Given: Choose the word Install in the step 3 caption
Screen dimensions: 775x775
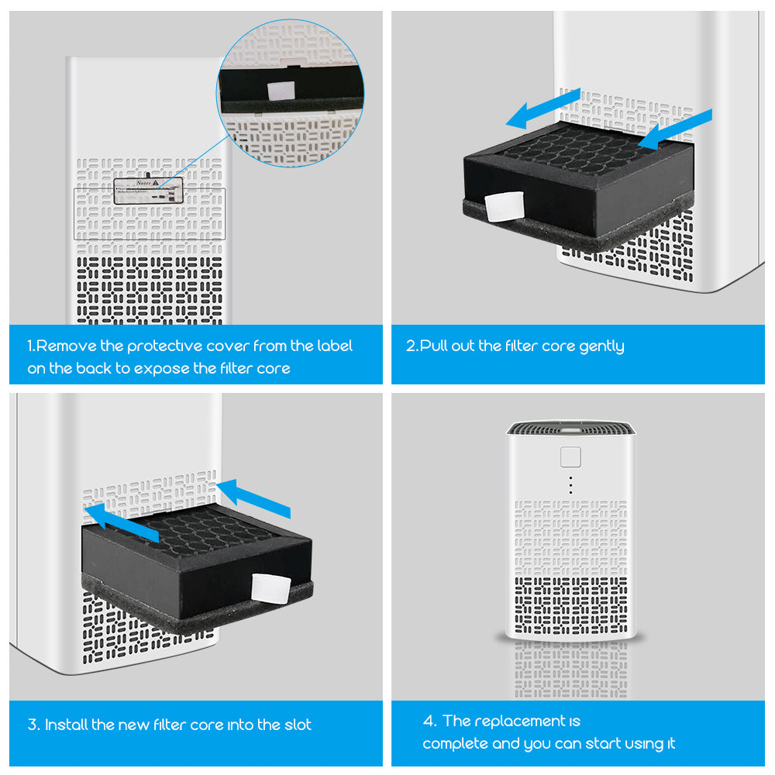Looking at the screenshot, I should pyautogui.click(x=66, y=725).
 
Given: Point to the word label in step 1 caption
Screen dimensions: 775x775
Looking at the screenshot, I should pyautogui.click(x=334, y=346).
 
